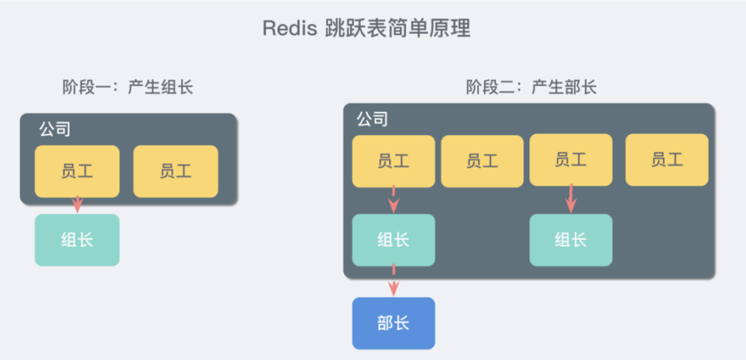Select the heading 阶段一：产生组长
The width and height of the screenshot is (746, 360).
(x=128, y=87)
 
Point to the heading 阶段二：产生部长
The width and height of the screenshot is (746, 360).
(x=531, y=87)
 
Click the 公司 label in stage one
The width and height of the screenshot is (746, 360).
(x=54, y=129)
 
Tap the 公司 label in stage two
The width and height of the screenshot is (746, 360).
(x=372, y=119)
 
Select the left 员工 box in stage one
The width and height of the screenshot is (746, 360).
(x=77, y=171)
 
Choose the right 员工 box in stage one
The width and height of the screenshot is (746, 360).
(x=175, y=171)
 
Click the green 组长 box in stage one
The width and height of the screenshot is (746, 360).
(x=77, y=240)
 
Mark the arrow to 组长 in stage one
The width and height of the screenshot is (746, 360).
(x=77, y=204)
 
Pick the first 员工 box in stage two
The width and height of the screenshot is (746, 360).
(x=393, y=160)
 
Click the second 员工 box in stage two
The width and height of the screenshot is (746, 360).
(x=482, y=161)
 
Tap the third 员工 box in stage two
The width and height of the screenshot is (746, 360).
(x=571, y=159)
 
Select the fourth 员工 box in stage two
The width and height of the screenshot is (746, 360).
(x=666, y=160)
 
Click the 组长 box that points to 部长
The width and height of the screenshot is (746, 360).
(x=393, y=240)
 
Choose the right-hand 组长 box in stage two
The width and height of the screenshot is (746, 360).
(x=571, y=240)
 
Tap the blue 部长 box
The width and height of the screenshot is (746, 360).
(x=393, y=323)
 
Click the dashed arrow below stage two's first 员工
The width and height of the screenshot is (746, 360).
(x=393, y=200)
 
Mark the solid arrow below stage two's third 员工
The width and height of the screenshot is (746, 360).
(x=571, y=199)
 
